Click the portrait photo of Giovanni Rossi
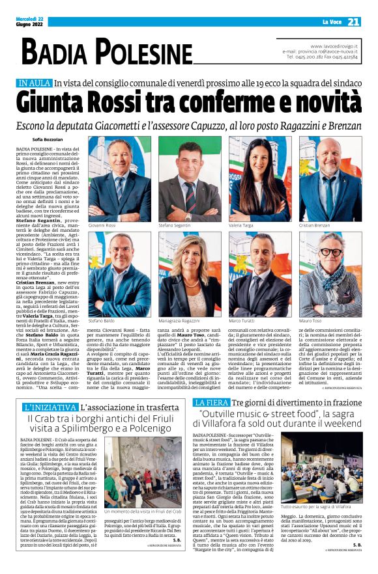pyautogui.click(x=119, y=179)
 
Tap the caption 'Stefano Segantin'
pyautogui.click(x=175, y=225)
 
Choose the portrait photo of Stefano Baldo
pyautogui.click(x=119, y=274)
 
